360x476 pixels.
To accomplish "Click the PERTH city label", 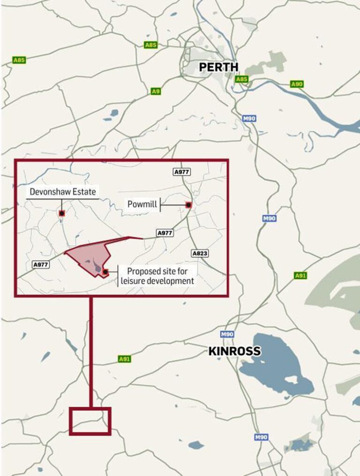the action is pyautogui.click(x=218, y=67).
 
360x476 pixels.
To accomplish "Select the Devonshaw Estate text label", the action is pyautogui.click(x=62, y=192).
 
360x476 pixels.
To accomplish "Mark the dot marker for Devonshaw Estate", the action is pyautogui.click(x=61, y=213).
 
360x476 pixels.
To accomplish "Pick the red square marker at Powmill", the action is pyautogui.click(x=188, y=205).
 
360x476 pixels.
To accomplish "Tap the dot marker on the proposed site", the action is pyautogui.click(x=105, y=272).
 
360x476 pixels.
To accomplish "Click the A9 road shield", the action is pyautogui.click(x=156, y=91).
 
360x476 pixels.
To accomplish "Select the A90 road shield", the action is pyautogui.click(x=297, y=84).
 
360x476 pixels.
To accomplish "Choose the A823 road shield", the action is pyautogui.click(x=200, y=253).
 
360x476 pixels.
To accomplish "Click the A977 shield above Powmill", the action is pyautogui.click(x=182, y=172).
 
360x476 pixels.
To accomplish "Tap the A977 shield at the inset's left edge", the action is pyautogui.click(x=41, y=265).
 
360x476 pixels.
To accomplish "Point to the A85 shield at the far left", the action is pyautogui.click(x=19, y=60).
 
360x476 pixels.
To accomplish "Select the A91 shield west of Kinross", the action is pyautogui.click(x=124, y=359).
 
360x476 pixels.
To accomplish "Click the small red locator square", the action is pyautogui.click(x=90, y=421).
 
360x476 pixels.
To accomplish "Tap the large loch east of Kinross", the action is pyautogui.click(x=277, y=363).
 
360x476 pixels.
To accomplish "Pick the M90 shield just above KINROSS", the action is pyautogui.click(x=227, y=334).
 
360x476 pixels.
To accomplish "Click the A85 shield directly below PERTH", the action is pyautogui.click(x=241, y=79).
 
